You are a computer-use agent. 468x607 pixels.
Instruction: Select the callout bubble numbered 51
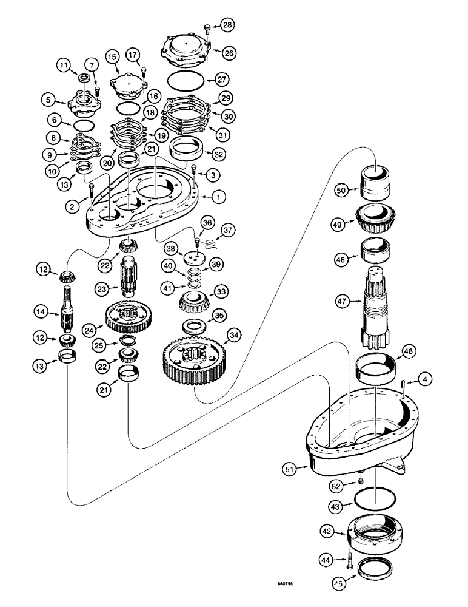pyautogui.click(x=290, y=468)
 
